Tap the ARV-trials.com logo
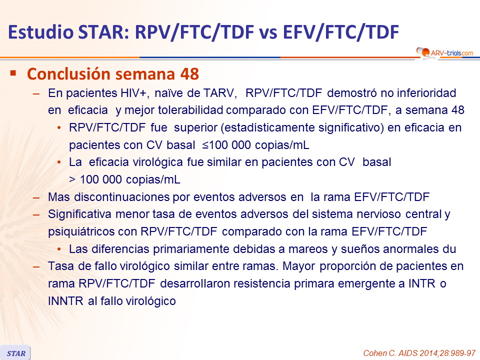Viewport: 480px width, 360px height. (x=445, y=52)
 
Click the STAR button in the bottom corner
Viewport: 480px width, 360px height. (x=15, y=353)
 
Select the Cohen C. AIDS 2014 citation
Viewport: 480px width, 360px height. (x=419, y=353)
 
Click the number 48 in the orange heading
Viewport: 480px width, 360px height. (x=189, y=74)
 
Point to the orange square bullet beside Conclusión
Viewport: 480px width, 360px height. (x=13, y=73)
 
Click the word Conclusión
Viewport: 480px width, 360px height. (x=68, y=74)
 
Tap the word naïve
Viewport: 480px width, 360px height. (x=168, y=93)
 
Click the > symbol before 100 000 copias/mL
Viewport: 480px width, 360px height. (x=72, y=179)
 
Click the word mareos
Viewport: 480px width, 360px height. (x=308, y=249)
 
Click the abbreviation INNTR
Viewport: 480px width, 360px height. (x=65, y=301)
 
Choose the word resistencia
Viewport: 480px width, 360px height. (x=261, y=284)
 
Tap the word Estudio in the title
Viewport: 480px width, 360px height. (x=41, y=32)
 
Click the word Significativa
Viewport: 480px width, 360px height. (x=79, y=214)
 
